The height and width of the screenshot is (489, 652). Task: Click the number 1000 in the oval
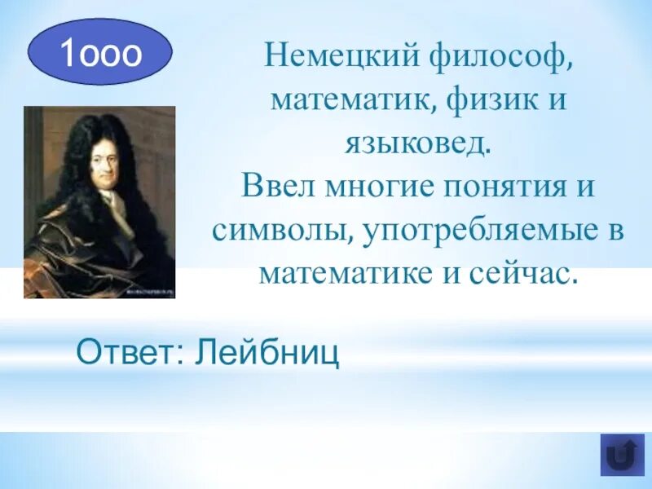[x=100, y=52]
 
